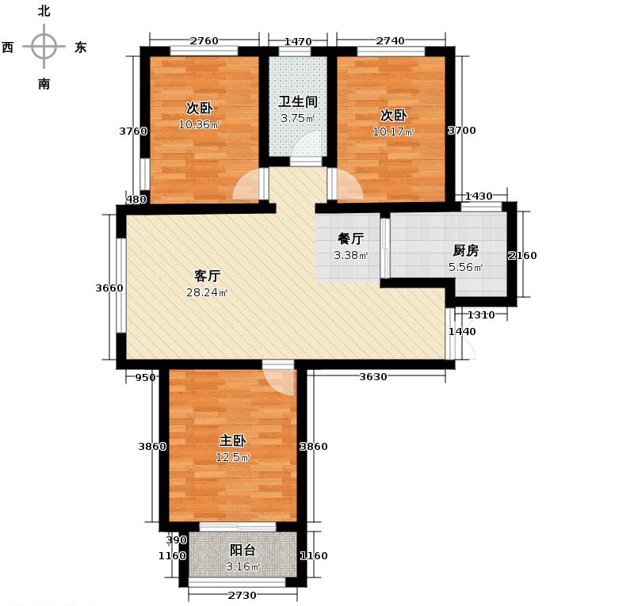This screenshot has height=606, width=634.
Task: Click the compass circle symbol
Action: coord(44,47)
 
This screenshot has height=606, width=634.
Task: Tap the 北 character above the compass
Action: coord(44,11)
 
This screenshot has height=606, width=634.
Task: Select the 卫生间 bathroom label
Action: coord(297,102)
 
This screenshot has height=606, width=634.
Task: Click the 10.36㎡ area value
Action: coord(199,124)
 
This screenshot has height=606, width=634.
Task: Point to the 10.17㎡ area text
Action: coord(393,131)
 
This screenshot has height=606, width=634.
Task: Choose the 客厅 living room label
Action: coord(207,276)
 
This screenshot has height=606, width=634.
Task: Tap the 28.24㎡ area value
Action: coord(207,293)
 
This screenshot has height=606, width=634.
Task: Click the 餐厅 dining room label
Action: coord(350,238)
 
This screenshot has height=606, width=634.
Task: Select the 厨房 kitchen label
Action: coord(465,250)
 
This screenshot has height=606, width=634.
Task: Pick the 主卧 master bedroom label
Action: coord(232,440)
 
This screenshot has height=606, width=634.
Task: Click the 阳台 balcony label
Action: coord(243,550)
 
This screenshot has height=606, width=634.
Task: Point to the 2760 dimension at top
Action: coord(204,40)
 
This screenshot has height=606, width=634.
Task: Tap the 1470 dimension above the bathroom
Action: coord(297,40)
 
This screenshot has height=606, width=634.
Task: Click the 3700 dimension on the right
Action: coord(461,131)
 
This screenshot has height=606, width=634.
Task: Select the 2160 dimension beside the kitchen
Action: coord(522,255)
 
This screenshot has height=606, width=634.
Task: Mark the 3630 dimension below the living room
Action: coord(372,377)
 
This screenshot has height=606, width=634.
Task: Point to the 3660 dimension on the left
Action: coord(109,288)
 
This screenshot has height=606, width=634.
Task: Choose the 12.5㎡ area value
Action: coord(233,458)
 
